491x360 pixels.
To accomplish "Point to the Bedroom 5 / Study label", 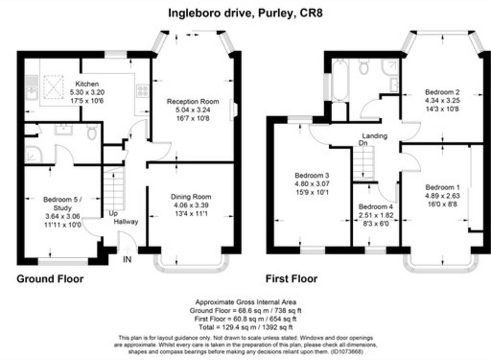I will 63,200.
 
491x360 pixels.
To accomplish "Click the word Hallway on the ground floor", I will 126,222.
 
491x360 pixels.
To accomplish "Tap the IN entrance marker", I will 127,259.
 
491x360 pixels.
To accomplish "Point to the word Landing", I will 374,136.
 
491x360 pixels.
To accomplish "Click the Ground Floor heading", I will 50,279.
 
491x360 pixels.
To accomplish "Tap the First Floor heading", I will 291,279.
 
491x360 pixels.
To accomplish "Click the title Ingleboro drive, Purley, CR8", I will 245,13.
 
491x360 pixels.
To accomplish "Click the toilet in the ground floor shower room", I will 92,132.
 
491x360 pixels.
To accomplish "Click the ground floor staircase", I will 113,190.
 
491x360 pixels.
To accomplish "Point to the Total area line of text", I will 245,328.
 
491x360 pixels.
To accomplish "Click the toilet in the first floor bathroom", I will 363,67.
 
